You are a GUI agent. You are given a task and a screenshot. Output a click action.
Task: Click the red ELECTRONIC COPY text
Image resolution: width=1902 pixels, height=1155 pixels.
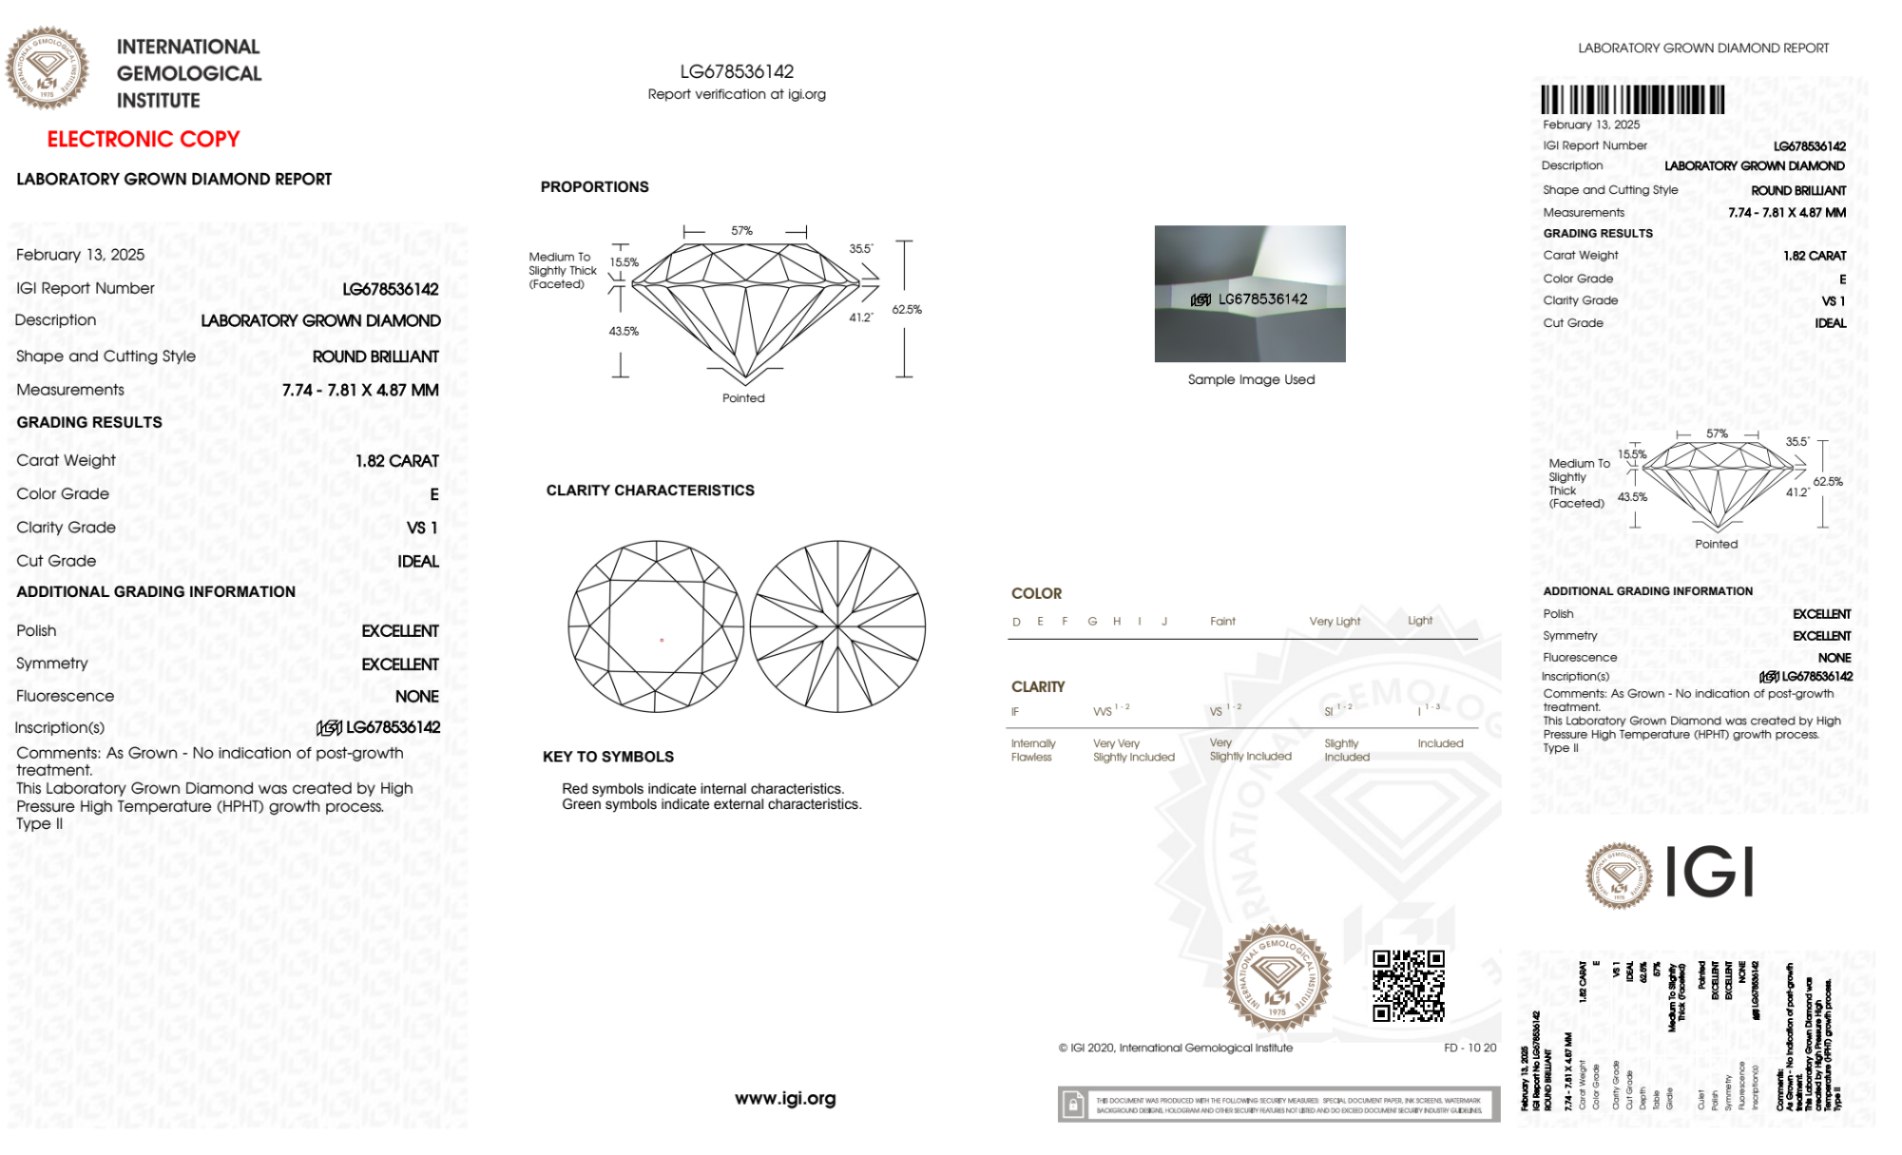pyautogui.click(x=144, y=140)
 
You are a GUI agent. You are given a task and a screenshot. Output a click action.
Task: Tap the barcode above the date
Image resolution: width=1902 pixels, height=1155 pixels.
pyautogui.click(x=1632, y=100)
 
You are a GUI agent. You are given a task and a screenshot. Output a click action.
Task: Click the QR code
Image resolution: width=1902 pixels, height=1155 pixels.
pyautogui.click(x=1408, y=985)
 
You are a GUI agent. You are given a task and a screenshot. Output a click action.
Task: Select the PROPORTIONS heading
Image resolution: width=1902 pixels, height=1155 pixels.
pyautogui.click(x=594, y=187)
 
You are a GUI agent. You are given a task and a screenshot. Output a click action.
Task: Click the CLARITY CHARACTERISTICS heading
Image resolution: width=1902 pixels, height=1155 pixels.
pyautogui.click(x=650, y=491)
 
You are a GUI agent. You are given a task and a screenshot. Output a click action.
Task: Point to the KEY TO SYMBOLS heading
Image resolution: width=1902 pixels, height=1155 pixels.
pyautogui.click(x=608, y=757)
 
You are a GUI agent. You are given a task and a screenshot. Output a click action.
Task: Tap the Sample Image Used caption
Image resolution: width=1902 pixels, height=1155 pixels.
pyautogui.click(x=1251, y=379)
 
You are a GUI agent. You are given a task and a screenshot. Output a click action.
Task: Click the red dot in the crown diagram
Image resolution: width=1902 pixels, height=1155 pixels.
pyautogui.click(x=662, y=640)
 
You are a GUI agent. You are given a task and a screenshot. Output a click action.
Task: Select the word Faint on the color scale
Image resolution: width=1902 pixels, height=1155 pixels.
pyautogui.click(x=1222, y=622)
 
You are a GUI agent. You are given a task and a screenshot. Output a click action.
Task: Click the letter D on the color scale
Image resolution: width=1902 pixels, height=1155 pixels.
pyautogui.click(x=1016, y=622)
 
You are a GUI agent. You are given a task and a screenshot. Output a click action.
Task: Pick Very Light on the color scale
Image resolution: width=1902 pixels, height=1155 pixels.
pyautogui.click(x=1335, y=622)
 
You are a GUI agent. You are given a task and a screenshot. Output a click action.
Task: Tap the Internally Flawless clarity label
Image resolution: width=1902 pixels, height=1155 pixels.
pyautogui.click(x=1032, y=750)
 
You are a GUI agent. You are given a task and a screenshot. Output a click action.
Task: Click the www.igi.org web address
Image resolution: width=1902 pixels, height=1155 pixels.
pyautogui.click(x=785, y=1099)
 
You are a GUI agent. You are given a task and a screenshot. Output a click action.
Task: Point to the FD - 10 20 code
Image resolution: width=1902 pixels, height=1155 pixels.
pyautogui.click(x=1470, y=1048)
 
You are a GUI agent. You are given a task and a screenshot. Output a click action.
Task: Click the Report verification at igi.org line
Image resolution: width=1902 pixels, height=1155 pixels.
pyautogui.click(x=737, y=94)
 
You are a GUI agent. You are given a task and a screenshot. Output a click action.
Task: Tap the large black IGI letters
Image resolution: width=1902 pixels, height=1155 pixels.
pyautogui.click(x=1710, y=873)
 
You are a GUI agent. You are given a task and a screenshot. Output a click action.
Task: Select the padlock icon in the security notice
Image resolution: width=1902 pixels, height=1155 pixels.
pyautogui.click(x=1073, y=1105)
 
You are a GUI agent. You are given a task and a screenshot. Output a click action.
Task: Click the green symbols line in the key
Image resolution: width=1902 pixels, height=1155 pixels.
pyautogui.click(x=711, y=804)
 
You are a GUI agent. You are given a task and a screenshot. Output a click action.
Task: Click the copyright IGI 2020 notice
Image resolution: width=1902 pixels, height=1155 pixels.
pyautogui.click(x=1176, y=1048)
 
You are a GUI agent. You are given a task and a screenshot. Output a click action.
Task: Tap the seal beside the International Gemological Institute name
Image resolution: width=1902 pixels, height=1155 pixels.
pyautogui.click(x=47, y=68)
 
